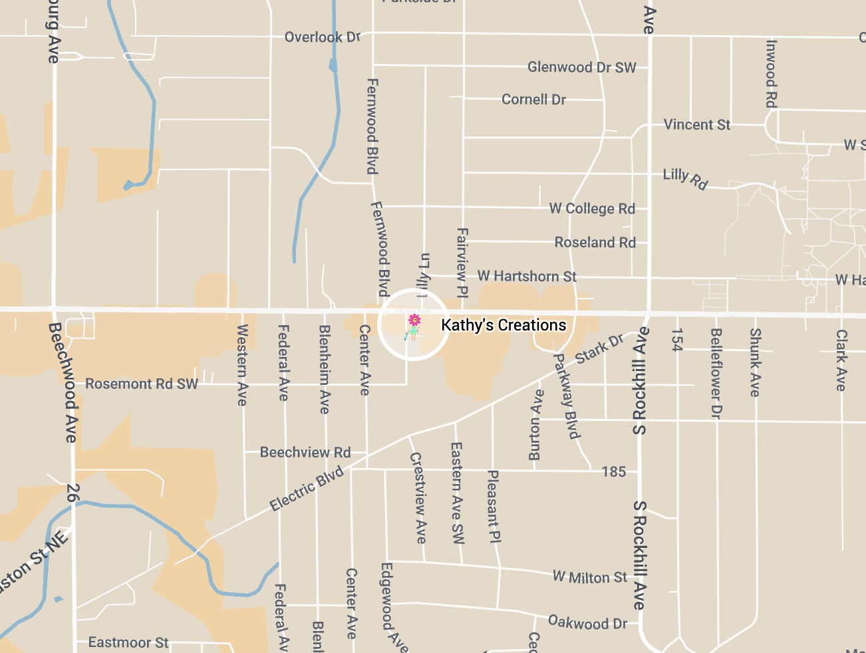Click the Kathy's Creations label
(x=504, y=325)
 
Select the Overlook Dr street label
(x=322, y=37)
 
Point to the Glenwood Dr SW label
(x=581, y=67)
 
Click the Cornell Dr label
(x=533, y=100)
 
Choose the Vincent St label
(x=696, y=125)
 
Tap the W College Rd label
(x=592, y=209)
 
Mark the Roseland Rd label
(x=595, y=243)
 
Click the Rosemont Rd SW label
(x=142, y=384)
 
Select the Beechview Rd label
(x=305, y=453)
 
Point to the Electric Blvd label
(x=307, y=489)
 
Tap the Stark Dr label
(x=599, y=348)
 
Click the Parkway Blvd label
(x=567, y=396)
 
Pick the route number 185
(x=613, y=471)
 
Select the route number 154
(x=677, y=339)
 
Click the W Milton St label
(x=589, y=577)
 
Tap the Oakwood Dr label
(x=587, y=623)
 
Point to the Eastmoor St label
(x=128, y=642)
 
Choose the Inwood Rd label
(x=771, y=73)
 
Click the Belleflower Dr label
(x=716, y=373)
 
